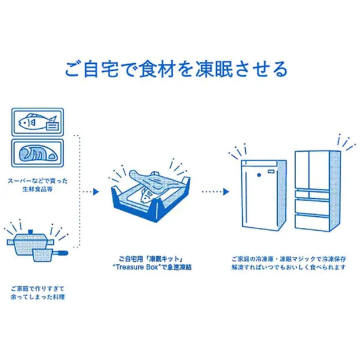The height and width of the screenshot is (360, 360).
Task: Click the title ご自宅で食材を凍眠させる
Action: (176, 70)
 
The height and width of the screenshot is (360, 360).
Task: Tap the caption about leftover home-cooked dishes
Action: (37, 292)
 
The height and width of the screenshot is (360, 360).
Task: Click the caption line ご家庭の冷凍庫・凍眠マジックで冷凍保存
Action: (288, 259)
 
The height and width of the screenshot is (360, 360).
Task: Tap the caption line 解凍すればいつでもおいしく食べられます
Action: (288, 268)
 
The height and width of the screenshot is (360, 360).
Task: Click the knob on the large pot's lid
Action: (27, 231)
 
